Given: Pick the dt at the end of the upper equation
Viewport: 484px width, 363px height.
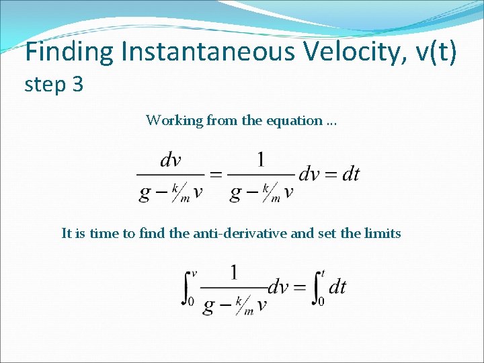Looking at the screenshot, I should tap(350, 175).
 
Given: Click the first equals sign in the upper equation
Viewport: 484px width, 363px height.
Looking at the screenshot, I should tap(216, 175).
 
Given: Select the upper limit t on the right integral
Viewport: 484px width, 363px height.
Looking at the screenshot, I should tap(323, 273).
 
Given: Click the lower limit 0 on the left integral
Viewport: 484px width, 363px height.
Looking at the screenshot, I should tap(192, 302).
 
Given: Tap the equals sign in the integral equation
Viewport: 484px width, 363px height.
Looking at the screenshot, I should tap(300, 288).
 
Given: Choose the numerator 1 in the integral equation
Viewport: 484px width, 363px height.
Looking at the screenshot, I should tap(233, 272).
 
